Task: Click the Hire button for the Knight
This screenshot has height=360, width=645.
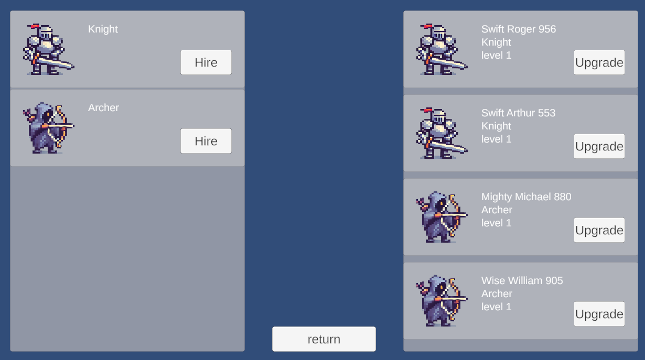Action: click(206, 62)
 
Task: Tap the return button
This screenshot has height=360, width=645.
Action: click(324, 339)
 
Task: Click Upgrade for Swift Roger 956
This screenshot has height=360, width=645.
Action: click(599, 62)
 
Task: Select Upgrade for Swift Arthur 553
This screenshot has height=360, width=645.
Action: click(599, 146)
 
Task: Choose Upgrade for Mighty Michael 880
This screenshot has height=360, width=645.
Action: click(599, 230)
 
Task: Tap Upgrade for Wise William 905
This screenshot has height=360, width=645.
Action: click(599, 314)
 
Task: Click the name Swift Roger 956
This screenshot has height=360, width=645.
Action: click(519, 29)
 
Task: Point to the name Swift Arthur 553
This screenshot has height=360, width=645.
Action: click(518, 113)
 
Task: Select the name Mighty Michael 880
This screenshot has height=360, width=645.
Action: click(526, 197)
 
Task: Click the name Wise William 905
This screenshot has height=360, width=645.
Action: click(522, 280)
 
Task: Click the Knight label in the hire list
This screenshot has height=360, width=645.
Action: click(103, 29)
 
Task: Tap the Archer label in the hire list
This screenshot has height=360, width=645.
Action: click(103, 107)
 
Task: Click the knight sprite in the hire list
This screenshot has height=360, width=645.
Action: click(49, 49)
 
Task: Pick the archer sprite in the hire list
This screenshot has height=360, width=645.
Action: click(49, 128)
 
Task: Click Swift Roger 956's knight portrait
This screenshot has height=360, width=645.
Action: click(442, 49)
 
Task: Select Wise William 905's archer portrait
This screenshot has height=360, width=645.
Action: click(442, 301)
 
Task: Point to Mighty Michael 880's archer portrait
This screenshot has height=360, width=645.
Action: click(442, 217)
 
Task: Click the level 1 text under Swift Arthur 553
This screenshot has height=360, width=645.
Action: click(497, 139)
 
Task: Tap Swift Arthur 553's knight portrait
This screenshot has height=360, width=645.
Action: click(442, 133)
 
